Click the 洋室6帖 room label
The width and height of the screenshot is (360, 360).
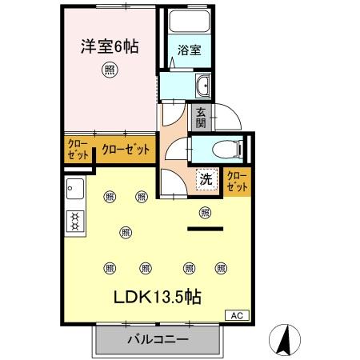109,46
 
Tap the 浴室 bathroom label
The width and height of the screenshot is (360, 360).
190,49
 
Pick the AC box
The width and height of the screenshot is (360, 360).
238,315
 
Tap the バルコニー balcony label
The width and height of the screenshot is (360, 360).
158,339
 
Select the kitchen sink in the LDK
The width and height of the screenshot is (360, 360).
76,190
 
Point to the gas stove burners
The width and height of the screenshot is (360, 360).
76,220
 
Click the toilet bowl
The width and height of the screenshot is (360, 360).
225,148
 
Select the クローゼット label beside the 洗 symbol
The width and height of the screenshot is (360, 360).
237,180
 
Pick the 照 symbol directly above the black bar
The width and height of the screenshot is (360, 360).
205,212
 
